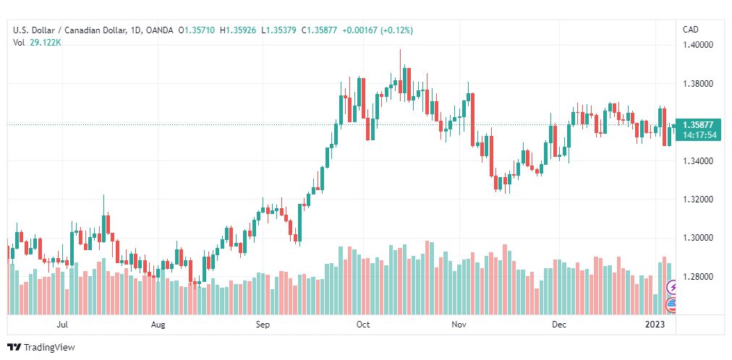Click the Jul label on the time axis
tap(63, 325)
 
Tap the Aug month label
tap(158, 325)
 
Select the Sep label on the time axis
tap(263, 325)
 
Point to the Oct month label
tap(363, 325)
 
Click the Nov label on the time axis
tap(459, 325)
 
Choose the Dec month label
tap(559, 325)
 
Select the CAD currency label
tap(690, 30)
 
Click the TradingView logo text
tap(49, 348)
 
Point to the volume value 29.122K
tap(46, 42)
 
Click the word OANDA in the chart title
tap(159, 30)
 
